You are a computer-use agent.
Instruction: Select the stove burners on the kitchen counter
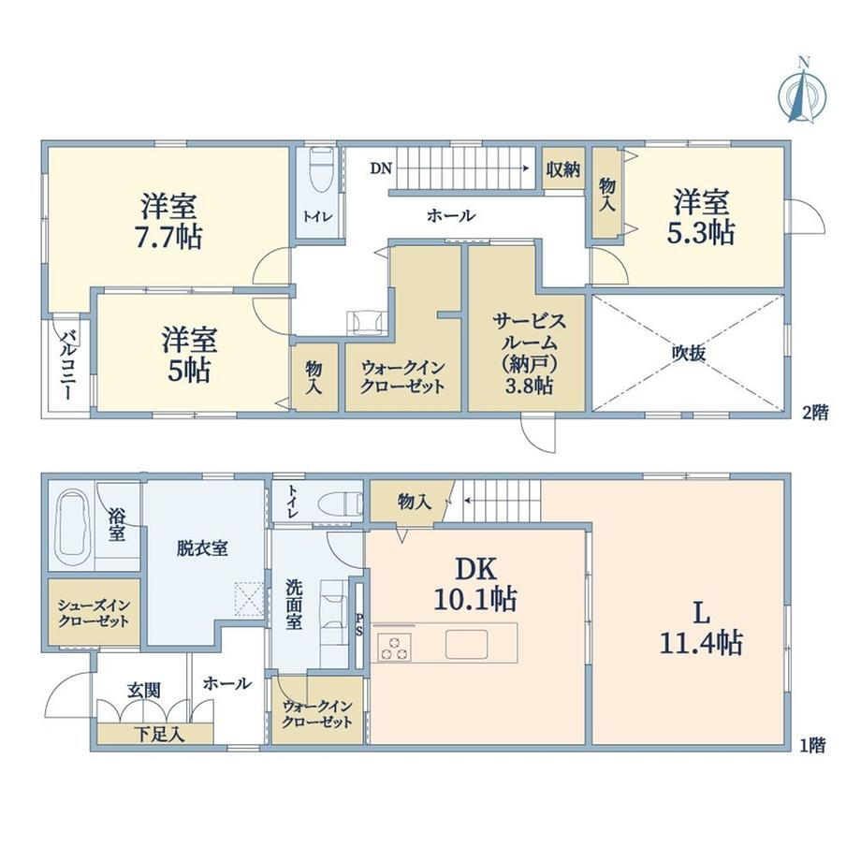pos(394,647)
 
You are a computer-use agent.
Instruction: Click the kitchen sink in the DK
pos(466,644)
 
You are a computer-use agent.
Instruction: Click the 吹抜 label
pos(689,354)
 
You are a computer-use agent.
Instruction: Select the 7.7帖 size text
pos(168,237)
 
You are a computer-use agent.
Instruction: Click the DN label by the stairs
pos(381,168)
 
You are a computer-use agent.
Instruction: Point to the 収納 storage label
pos(563,169)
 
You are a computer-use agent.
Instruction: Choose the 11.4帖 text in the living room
pos(701,642)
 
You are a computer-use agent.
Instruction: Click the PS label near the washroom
pos(359,624)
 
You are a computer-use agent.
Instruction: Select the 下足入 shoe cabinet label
pos(160,734)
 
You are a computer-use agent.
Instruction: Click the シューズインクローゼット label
pos(94,613)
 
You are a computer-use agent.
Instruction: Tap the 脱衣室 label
pos(202,548)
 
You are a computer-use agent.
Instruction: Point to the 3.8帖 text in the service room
pos(528,386)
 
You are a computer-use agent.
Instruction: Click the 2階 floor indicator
pos(815,413)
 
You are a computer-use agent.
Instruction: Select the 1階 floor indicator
pos(813,745)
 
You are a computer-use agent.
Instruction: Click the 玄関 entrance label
pos(144,691)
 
